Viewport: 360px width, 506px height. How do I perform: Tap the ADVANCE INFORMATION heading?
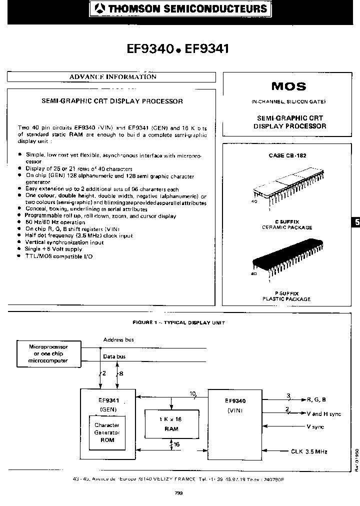(x=112, y=77)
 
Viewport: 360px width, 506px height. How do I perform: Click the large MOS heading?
(x=288, y=86)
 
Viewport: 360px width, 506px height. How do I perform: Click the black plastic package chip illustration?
(x=286, y=262)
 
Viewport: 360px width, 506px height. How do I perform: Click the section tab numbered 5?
(x=355, y=221)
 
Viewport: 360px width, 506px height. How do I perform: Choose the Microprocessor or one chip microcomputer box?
(x=48, y=353)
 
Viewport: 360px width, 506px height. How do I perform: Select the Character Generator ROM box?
(x=107, y=432)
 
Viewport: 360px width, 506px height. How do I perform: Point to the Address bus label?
(x=118, y=340)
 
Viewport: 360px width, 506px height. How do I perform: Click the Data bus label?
(x=114, y=356)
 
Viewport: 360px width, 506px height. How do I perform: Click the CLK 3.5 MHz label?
(x=309, y=451)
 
